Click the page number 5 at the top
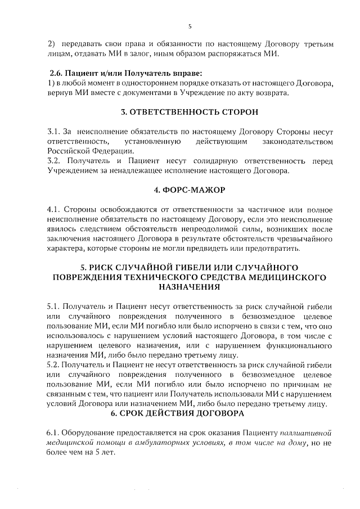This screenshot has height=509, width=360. tap(190, 26)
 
